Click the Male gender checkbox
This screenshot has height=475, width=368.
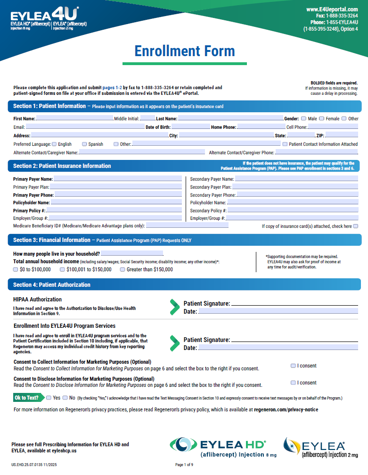(304, 118)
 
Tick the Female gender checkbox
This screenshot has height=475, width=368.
(321, 118)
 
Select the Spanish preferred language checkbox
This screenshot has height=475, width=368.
(84, 144)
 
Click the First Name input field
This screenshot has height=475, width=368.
(74, 118)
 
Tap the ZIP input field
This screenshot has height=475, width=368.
(342, 135)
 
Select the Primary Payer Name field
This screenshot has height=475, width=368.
(117, 179)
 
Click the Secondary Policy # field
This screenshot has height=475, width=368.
(293, 210)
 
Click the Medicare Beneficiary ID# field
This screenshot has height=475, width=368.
(187, 226)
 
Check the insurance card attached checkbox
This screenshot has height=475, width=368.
(356, 226)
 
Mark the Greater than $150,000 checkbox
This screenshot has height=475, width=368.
(123, 269)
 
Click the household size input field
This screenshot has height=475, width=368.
(132, 254)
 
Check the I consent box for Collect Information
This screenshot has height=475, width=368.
(293, 366)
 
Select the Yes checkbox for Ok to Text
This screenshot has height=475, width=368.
(49, 398)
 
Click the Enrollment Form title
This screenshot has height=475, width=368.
(184, 51)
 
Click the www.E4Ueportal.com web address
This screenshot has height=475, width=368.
(332, 9)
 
